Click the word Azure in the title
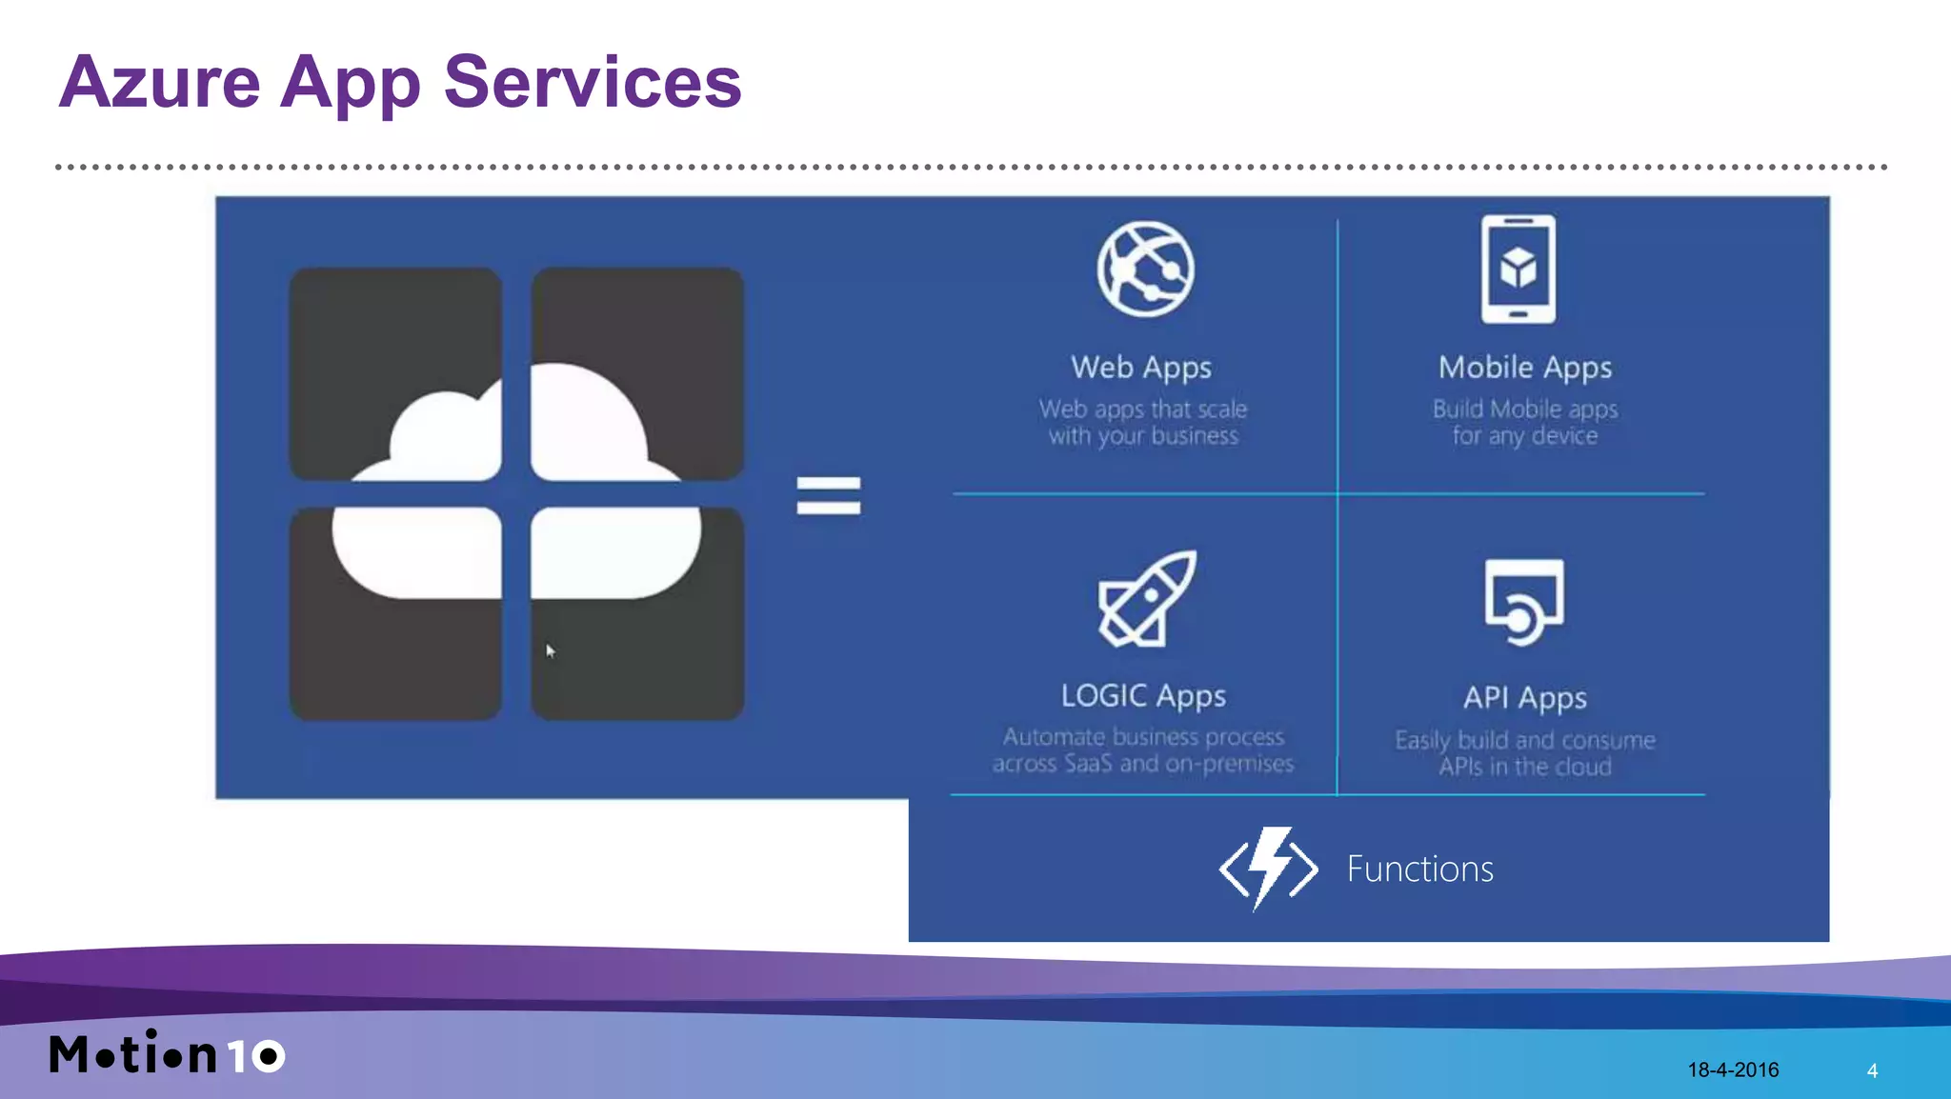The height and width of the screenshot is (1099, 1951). pos(159,83)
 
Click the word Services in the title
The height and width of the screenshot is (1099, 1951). pos(592,83)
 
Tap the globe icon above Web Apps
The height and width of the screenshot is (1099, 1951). pos(1144,269)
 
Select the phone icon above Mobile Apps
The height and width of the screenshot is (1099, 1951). pos(1518,270)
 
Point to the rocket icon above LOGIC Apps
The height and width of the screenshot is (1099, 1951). pos(1146,599)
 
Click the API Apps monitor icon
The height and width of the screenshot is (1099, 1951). pos(1523,601)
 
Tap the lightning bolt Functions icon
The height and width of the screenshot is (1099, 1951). pos(1268,868)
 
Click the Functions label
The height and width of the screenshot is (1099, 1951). pos(1419,869)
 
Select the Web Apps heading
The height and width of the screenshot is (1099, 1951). pos(1141,368)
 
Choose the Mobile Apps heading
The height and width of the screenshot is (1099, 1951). pos(1524,368)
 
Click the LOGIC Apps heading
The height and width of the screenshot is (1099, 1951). pos(1143,696)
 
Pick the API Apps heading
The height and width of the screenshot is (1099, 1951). pos(1524,698)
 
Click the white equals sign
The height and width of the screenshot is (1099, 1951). pos(828,496)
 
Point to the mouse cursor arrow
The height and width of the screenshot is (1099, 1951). pos(550,651)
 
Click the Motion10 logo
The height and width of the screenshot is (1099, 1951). pos(167,1053)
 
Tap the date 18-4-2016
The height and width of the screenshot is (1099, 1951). pos(1733,1070)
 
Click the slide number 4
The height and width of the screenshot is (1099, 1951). pos(1872,1071)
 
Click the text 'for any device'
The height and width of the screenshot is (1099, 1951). pos(1524,436)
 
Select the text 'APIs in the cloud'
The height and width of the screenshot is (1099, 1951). pos(1524,767)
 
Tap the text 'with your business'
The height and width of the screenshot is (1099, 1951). pos(1143,436)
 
